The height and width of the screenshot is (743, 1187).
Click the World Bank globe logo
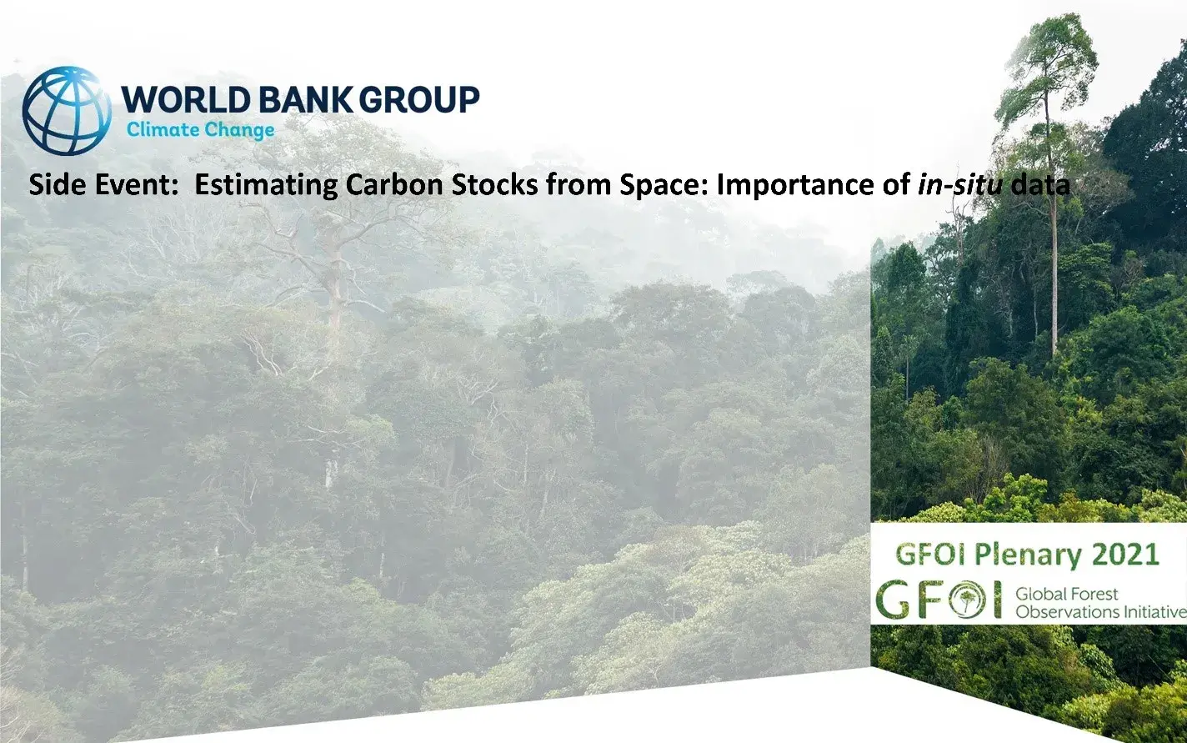[x=67, y=111]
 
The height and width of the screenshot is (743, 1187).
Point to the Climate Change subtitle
[x=200, y=130]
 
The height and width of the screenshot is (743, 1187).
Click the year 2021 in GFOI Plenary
[x=1124, y=555]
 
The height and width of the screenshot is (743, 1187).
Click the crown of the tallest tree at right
[x=1047, y=63]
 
